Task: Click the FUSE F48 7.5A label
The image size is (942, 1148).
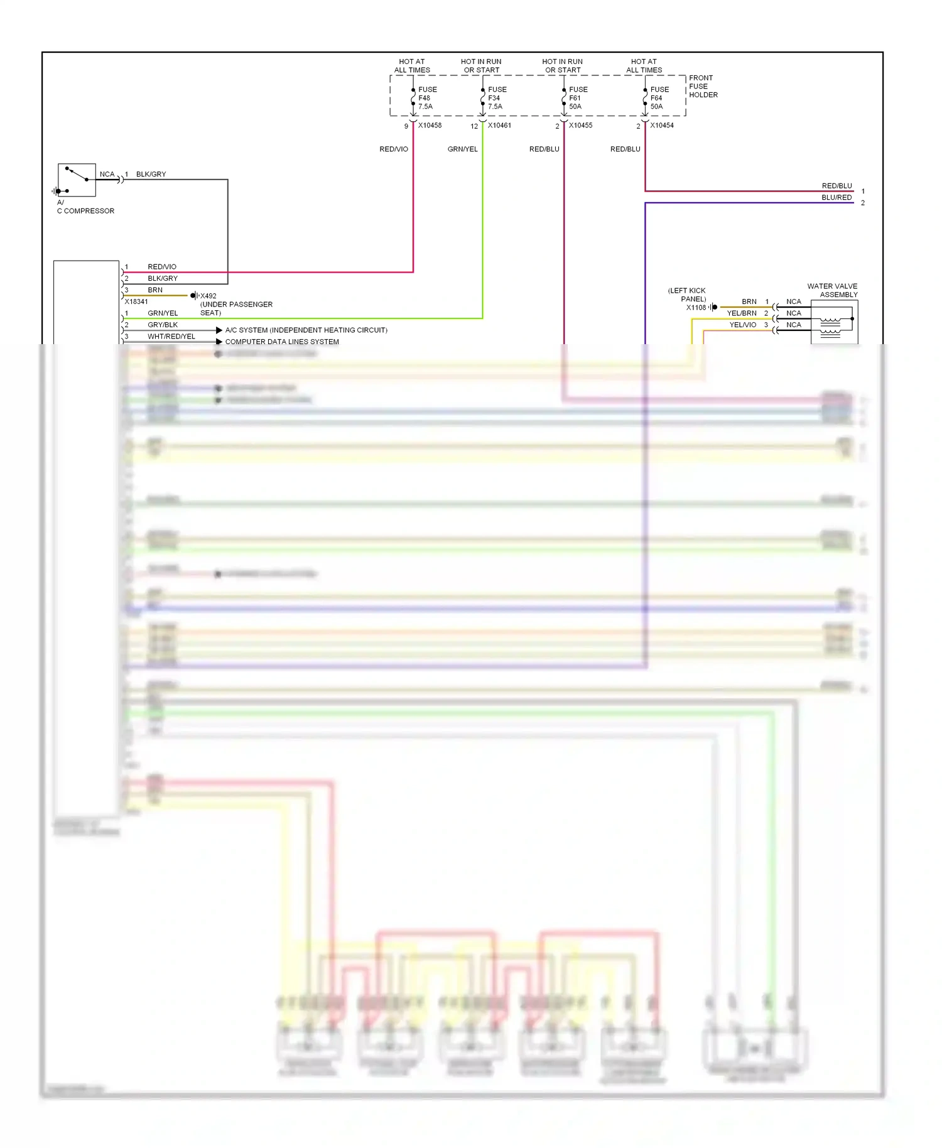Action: [x=427, y=98]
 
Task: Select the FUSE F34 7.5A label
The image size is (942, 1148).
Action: [x=497, y=98]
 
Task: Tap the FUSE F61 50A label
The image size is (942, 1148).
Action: [x=578, y=98]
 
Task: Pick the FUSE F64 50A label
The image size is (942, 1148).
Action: [x=659, y=98]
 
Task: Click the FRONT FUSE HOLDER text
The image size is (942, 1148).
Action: [x=703, y=87]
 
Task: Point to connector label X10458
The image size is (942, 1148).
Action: [x=430, y=126]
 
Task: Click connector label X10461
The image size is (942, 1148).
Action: [x=499, y=126]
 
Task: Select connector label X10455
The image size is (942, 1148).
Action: [x=580, y=126]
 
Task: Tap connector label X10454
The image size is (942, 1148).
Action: [x=662, y=126]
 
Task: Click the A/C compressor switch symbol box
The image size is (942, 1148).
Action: [x=77, y=180]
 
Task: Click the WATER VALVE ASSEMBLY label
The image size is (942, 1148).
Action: [x=833, y=290]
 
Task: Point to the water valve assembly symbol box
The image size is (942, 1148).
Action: [x=834, y=322]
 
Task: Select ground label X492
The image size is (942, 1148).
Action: [x=208, y=296]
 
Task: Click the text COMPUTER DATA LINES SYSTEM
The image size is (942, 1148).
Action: [x=282, y=342]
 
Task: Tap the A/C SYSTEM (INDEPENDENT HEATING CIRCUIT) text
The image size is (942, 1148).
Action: [x=306, y=330]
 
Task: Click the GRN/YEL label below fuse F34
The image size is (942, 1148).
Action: [x=462, y=149]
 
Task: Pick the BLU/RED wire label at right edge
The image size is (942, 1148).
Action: [x=836, y=198]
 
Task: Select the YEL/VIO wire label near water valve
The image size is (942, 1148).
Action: [x=742, y=325]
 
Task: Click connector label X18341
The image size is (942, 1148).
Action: [x=136, y=302]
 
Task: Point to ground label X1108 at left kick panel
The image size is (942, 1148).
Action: [x=696, y=308]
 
